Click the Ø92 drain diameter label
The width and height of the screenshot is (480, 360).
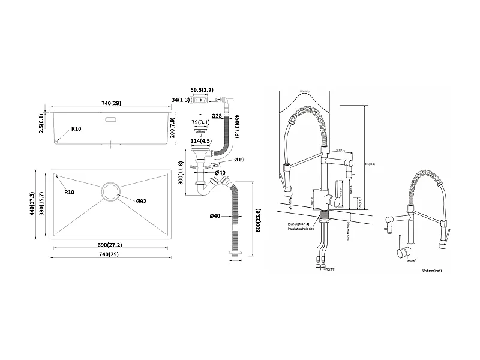pos(141,201)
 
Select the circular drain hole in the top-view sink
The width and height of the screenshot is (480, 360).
pos(111,191)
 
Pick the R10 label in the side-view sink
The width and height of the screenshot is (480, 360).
pos(76,129)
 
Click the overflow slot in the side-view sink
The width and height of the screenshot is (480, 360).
pos(111,120)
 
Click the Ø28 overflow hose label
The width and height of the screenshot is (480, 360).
pos(217,115)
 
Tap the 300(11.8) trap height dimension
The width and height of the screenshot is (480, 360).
pos(179,173)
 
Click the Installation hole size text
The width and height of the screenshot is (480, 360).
pos(301,228)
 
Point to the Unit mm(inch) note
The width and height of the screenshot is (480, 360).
pos(432,271)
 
